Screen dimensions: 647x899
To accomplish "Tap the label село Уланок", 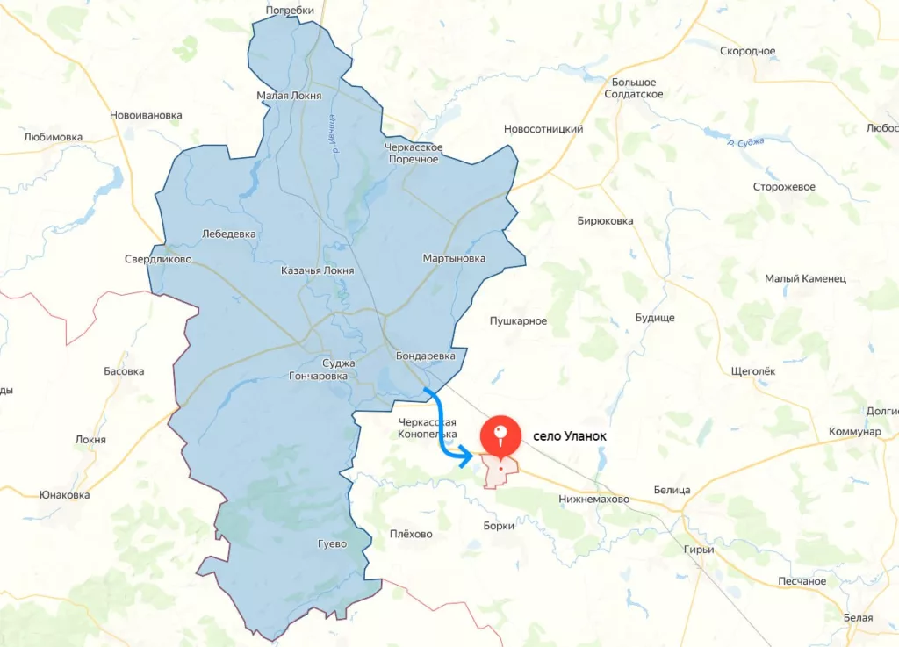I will coord(570,435).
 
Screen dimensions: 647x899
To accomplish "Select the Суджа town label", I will coord(338,363).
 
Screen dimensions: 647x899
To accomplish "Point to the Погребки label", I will coord(290,11).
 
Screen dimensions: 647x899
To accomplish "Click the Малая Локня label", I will coord(289,96).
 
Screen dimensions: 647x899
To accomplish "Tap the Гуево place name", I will coord(332,543).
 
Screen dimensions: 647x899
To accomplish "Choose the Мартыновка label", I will coord(453,258).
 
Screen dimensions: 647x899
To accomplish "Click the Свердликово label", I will coord(158,259).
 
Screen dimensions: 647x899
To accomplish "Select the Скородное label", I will coord(747,51).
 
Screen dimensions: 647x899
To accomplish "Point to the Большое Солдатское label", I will coord(634,88).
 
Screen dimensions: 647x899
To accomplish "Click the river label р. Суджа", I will coord(746,140).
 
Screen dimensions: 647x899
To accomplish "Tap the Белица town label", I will coord(672,490).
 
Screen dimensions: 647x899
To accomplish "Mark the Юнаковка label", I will coord(64,494).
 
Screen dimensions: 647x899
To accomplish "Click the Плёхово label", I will coord(411,534).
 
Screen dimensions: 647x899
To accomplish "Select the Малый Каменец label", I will coord(805,278).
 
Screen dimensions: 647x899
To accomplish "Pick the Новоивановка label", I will coord(146,115).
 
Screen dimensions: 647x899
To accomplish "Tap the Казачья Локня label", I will coord(317,270).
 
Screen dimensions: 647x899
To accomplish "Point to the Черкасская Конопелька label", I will coord(428,428).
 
